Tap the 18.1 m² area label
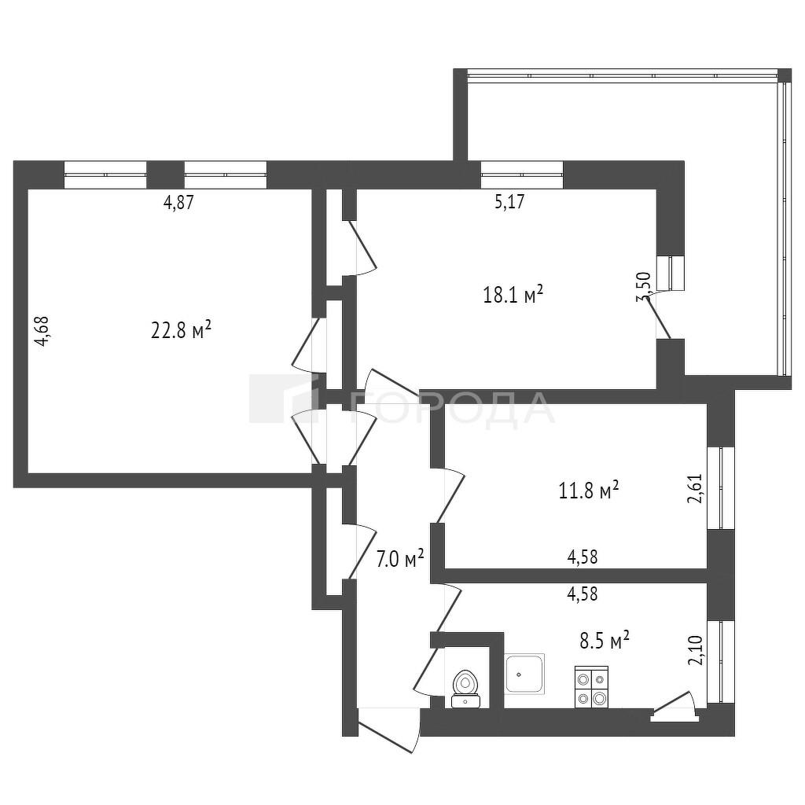(513, 295)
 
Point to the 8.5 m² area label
(605, 641)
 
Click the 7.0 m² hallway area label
(400, 558)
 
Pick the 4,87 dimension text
(178, 203)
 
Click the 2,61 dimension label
(694, 488)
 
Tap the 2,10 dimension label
(694, 650)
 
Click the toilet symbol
(465, 689)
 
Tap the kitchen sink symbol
(524, 674)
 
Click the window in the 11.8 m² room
(721, 487)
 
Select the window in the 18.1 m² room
(522, 175)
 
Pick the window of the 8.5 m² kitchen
(721, 661)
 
